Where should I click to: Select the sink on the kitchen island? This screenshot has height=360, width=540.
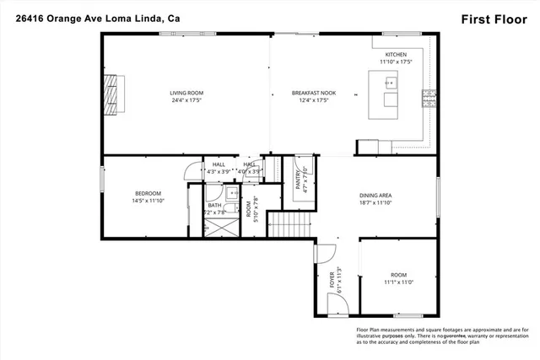click(x=389, y=83)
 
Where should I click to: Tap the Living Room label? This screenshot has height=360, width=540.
click(x=186, y=93)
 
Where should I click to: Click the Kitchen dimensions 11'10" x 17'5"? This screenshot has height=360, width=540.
click(x=395, y=62)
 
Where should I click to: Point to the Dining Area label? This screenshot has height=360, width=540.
click(x=375, y=196)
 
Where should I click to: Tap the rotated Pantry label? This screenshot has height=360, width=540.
click(x=298, y=181)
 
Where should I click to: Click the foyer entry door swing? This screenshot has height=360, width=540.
click(x=321, y=251)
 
